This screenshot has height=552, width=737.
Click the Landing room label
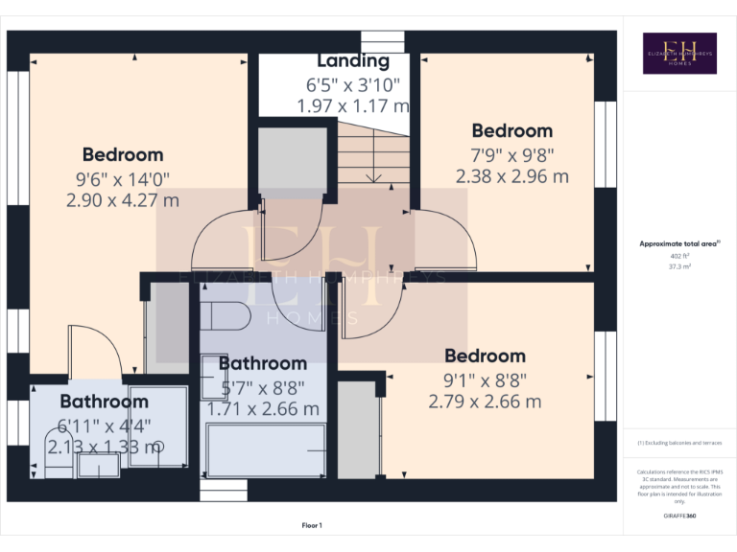pos(353,61)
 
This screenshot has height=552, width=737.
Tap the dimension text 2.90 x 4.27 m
pos(123,200)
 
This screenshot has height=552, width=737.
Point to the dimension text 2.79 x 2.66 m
pos(485,402)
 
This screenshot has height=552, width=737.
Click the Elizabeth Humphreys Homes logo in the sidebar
pos(679,54)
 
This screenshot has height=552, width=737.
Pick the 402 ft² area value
pos(679,257)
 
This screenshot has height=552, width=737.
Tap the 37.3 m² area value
pos(679,267)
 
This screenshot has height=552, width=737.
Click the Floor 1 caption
pos(312,525)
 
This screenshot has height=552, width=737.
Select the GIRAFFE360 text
pos(679,517)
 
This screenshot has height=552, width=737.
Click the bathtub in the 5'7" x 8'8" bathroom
pos(266,450)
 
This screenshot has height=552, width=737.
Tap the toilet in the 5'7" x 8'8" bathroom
pos(226,314)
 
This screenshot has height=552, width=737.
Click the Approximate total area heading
pos(679,244)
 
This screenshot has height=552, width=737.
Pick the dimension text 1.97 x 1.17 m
pos(353,105)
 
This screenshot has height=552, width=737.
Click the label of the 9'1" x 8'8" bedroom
pos(485,356)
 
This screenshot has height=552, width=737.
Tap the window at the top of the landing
pos(382,43)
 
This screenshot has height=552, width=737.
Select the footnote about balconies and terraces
pos(679,444)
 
